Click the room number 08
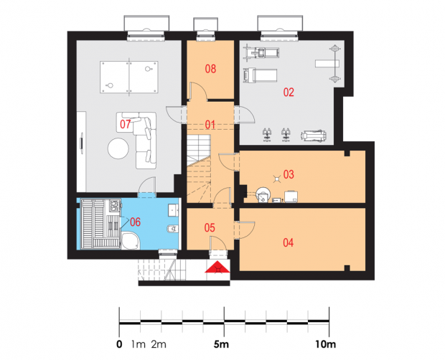click(210, 69)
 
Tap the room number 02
click(289, 93)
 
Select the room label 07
click(125, 124)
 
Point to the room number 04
click(288, 242)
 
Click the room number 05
click(210, 227)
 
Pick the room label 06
click(135, 222)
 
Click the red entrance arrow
click(217, 267)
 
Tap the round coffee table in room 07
click(118, 148)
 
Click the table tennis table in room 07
click(129, 77)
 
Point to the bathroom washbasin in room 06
click(173, 210)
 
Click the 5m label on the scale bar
click(221, 344)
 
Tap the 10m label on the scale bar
click(326, 344)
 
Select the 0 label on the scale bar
click(119, 344)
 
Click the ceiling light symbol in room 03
click(277, 179)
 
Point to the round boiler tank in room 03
click(263, 195)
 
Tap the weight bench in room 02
click(327, 64)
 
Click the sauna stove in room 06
click(115, 206)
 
